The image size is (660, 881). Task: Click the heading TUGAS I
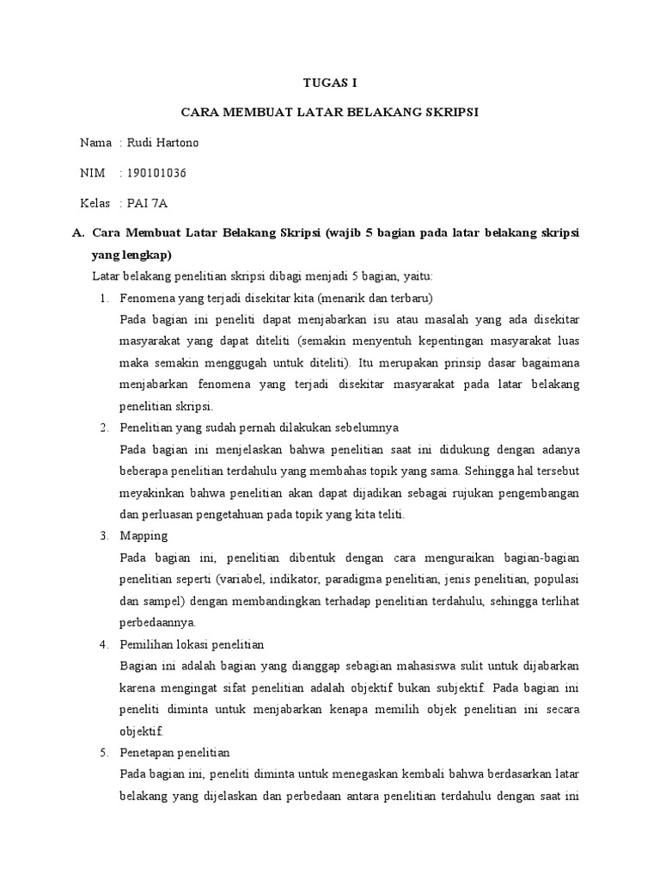coord(330,83)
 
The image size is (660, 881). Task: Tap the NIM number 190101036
coord(156,173)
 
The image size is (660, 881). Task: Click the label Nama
coord(95,143)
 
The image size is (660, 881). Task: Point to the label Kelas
coord(95,203)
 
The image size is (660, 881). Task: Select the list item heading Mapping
coord(144,535)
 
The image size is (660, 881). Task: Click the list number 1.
coord(103,299)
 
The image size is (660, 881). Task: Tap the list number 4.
coord(103,644)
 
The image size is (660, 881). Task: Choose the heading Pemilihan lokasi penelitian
coord(192,644)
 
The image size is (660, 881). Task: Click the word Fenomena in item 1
coord(149,299)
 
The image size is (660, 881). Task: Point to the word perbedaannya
coord(159,621)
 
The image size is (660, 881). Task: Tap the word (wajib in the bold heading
coord(342,233)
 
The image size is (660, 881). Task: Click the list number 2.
coord(103,428)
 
